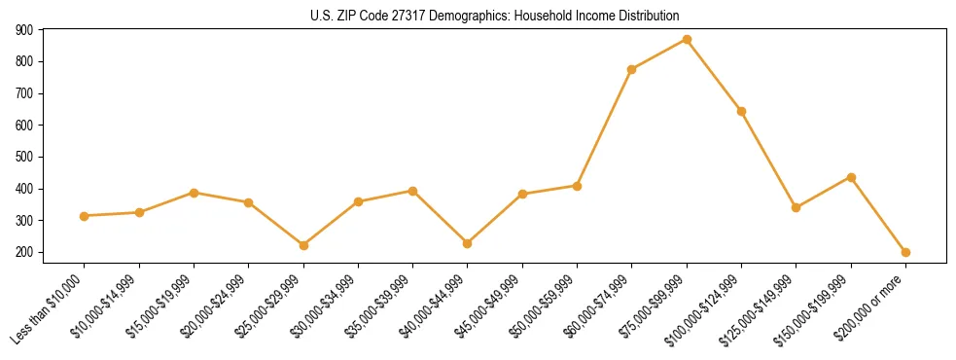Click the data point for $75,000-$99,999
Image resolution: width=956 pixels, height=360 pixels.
tap(687, 40)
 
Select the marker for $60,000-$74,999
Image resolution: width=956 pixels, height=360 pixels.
tap(632, 69)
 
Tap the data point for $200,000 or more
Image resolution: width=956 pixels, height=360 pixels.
tap(905, 252)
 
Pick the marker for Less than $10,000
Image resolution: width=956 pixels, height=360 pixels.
tap(85, 216)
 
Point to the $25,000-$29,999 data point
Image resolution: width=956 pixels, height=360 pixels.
tap(303, 245)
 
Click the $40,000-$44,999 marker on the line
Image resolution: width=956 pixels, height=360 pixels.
tap(468, 243)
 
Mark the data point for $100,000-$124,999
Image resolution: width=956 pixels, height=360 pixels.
tap(741, 111)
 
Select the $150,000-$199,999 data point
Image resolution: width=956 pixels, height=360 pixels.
tap(851, 177)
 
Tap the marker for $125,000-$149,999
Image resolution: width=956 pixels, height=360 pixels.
tap(796, 207)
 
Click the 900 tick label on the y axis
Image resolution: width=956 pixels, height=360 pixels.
tap(25, 30)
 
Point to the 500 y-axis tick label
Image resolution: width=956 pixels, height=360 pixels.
tap(25, 157)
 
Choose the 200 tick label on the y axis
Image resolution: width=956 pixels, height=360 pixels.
tap(25, 252)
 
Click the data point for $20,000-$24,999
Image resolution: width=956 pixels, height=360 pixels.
tap(249, 202)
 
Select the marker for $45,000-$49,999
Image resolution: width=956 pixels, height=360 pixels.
tap(522, 194)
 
